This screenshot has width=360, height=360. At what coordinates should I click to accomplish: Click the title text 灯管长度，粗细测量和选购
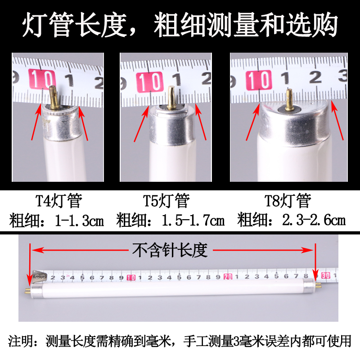(x=180, y=26)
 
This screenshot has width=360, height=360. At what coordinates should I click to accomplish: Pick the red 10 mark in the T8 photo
(x=260, y=81)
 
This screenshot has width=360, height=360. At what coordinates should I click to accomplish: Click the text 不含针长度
(x=170, y=250)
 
